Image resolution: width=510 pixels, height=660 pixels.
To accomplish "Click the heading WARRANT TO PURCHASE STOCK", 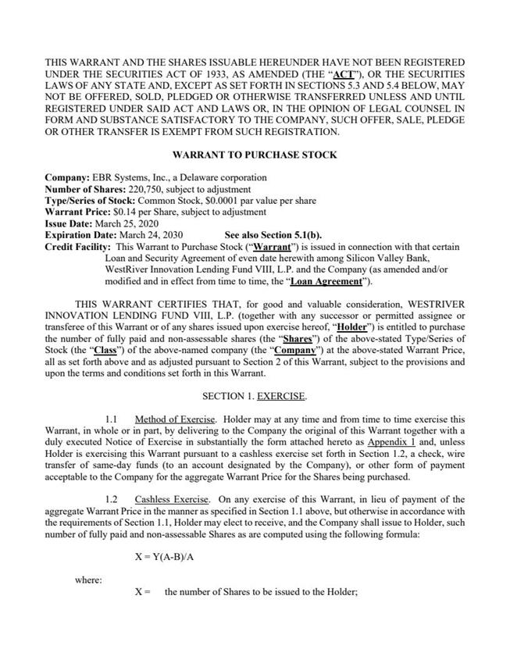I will (x=255, y=155).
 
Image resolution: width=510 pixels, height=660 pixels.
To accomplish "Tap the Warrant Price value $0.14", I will (x=124, y=212).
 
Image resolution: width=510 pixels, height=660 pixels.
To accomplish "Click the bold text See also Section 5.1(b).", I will (x=273, y=235).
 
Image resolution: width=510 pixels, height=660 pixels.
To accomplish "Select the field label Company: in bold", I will (x=67, y=178).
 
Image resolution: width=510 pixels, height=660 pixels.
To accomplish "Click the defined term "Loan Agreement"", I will (x=329, y=281).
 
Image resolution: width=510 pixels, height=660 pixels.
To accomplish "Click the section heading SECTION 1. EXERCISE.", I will (x=255, y=396).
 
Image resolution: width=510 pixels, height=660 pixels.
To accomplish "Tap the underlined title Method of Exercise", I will (x=174, y=419).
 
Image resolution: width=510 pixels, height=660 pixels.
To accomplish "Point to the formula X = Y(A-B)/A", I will (x=170, y=557).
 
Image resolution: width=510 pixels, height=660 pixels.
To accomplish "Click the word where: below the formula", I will (x=88, y=580).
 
